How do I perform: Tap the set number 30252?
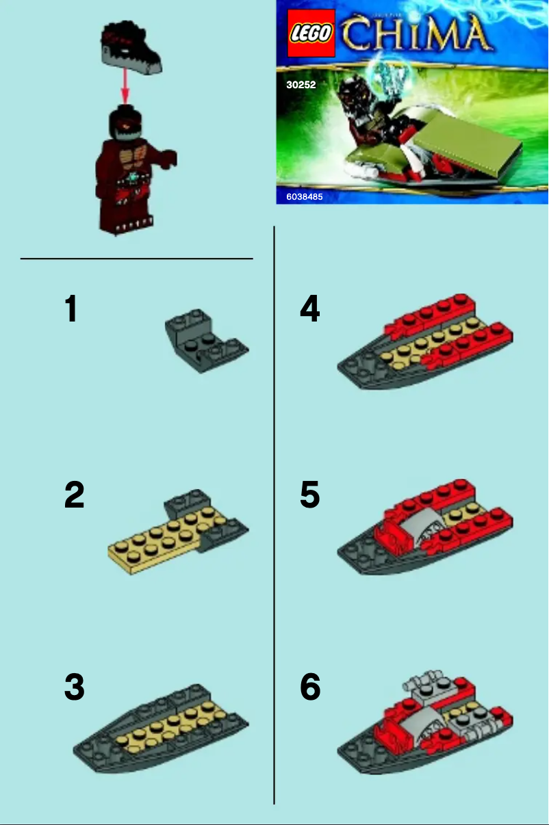point(301,86)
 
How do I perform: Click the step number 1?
point(71,309)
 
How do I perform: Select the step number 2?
point(74,495)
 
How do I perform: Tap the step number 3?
point(74,687)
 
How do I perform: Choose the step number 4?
point(309,309)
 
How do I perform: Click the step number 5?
point(309,495)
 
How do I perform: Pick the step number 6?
point(309,687)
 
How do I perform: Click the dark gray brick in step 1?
point(205,339)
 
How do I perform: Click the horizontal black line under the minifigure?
point(137,259)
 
